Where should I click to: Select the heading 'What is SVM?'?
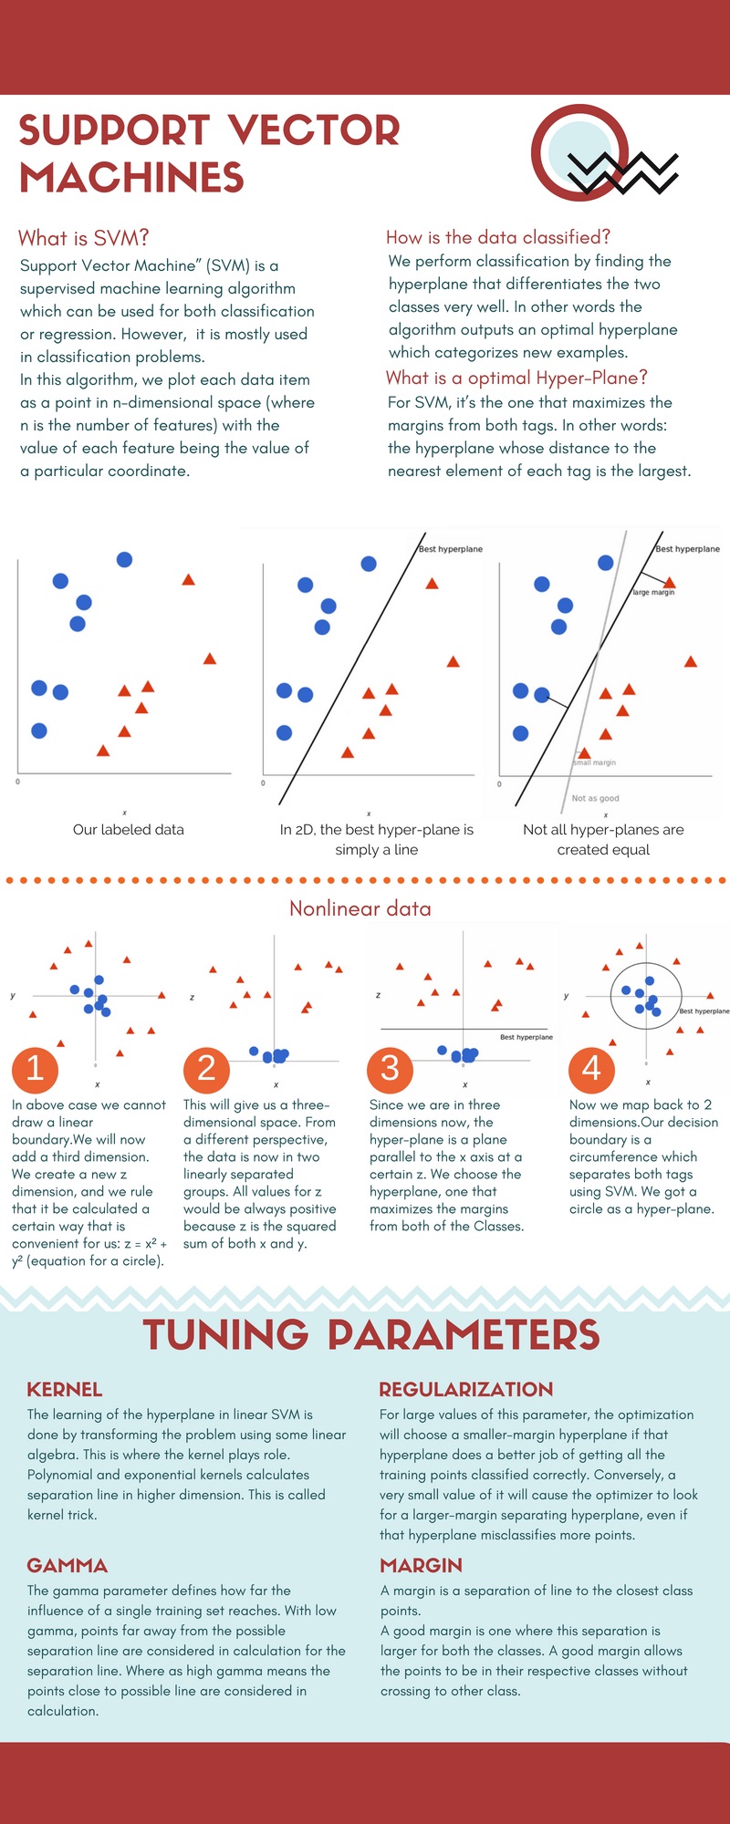click(x=83, y=238)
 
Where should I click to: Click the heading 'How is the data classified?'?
click(x=497, y=237)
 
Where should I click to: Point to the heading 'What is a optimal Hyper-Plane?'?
click(x=516, y=378)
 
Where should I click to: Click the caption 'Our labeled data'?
click(x=129, y=829)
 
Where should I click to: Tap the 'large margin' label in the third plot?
click(x=653, y=592)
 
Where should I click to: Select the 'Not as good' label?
click(x=595, y=798)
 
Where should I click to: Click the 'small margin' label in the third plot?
click(x=595, y=762)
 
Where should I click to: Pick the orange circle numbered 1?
click(x=35, y=1068)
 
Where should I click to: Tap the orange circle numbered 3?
click(x=390, y=1068)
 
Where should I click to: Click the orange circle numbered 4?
click(x=591, y=1068)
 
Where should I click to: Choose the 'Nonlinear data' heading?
click(x=360, y=908)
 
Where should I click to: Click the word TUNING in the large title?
click(x=225, y=1334)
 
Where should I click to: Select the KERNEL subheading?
click(x=64, y=1389)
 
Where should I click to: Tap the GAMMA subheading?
click(x=67, y=1565)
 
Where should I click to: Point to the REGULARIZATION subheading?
click(x=465, y=1389)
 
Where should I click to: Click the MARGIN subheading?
click(x=421, y=1565)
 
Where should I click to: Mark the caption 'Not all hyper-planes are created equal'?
click(x=603, y=839)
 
